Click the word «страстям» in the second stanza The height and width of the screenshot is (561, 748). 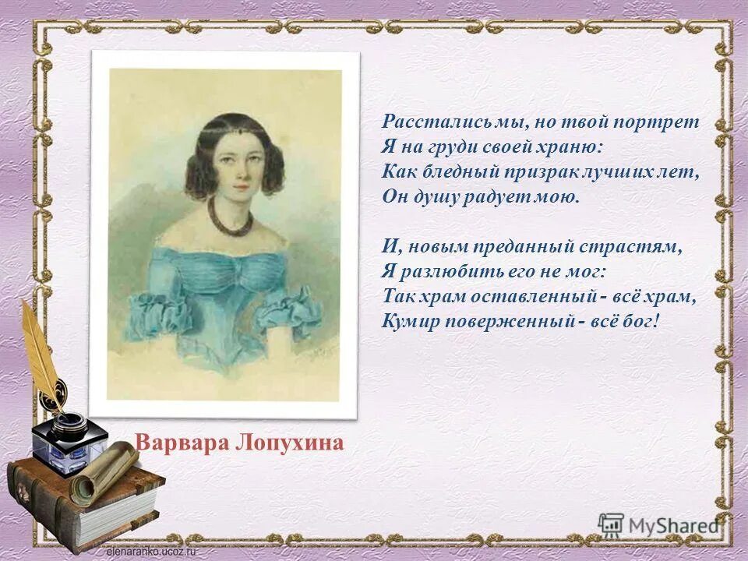(x=644, y=247)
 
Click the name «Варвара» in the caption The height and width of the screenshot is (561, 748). (x=175, y=443)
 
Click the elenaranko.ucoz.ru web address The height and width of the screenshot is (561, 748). (x=152, y=551)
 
